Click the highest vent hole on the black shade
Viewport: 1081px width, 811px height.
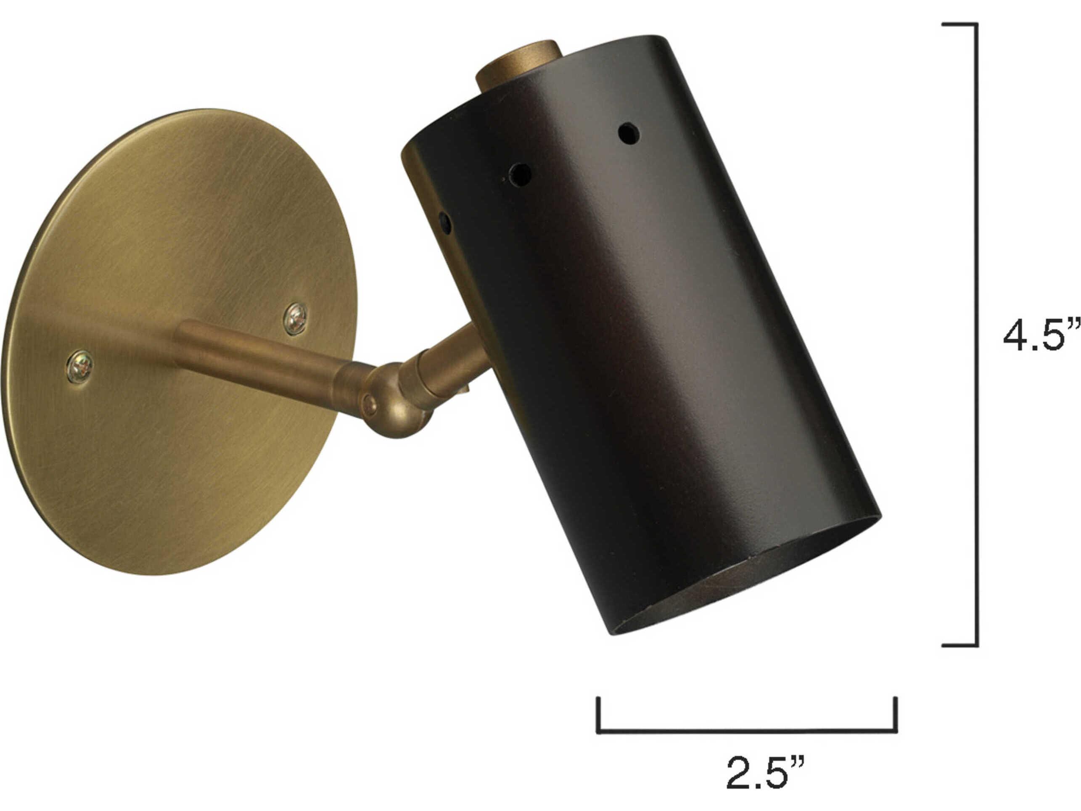pyautogui.click(x=629, y=133)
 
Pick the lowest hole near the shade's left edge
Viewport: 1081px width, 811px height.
pyautogui.click(x=445, y=222)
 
